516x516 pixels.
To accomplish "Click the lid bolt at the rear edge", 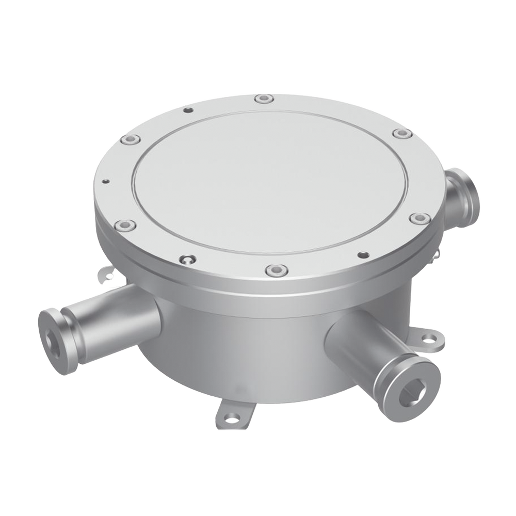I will tap(264, 98).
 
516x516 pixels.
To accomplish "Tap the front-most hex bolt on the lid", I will tap(277, 269).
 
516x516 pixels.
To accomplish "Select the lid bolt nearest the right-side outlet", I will tap(420, 218).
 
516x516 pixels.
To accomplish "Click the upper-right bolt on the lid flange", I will tap(402, 134).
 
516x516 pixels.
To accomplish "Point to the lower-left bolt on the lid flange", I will tap(125, 225).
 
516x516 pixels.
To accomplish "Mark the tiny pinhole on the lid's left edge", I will tap(105, 181).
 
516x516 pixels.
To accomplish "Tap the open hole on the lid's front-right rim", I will tap(363, 254).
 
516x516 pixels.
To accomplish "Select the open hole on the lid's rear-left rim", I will tap(188, 110).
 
